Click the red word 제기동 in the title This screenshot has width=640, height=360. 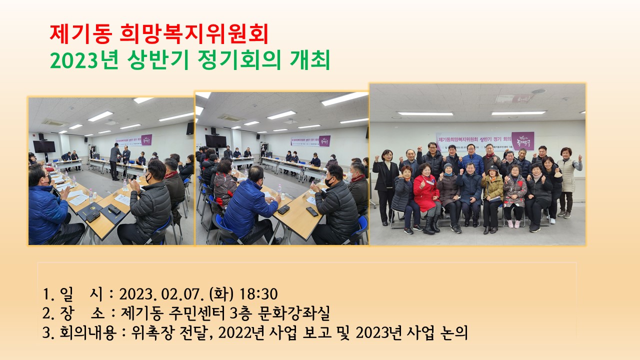[x=81, y=34]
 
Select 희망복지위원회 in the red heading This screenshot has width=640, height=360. [x=194, y=34]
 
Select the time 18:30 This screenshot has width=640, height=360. [x=258, y=293]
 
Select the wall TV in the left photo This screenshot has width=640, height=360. [x=44, y=146]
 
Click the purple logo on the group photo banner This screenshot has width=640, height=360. [x=522, y=140]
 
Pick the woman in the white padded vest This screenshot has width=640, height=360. [x=568, y=175]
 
